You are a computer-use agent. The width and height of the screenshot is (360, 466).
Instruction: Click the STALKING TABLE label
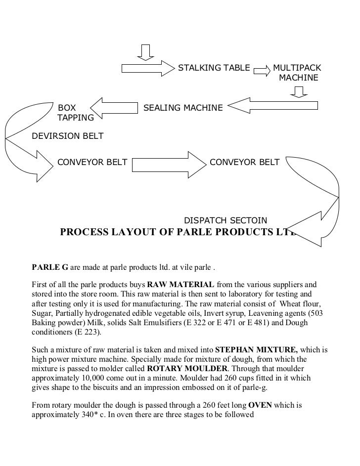[214, 68]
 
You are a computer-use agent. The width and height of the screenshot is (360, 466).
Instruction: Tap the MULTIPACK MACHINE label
[298, 73]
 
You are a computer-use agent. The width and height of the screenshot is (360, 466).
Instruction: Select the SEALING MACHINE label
[183, 108]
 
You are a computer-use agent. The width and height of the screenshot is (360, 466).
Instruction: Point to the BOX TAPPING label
[75, 113]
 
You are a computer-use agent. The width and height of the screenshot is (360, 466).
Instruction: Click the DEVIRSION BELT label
[68, 136]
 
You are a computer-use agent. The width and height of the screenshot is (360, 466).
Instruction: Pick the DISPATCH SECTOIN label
[225, 220]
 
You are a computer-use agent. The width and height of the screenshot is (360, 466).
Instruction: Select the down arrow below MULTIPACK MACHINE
[299, 92]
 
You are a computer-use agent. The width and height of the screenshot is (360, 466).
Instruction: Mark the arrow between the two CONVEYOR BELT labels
[168, 162]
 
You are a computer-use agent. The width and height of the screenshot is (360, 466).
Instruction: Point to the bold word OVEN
[257, 406]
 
